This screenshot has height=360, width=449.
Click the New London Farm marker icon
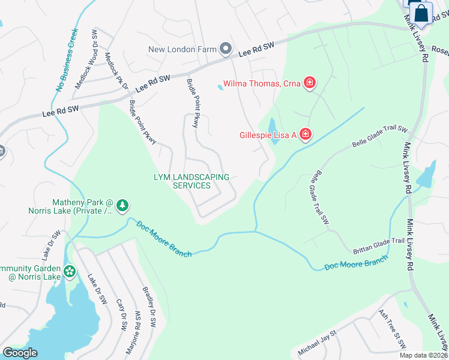coord(226,48)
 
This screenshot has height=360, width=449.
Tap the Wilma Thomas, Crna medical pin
coord(310,83)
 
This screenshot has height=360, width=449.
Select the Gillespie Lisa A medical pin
coord(305,134)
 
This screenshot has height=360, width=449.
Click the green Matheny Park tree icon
coord(122,206)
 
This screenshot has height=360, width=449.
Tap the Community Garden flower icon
coord(70,272)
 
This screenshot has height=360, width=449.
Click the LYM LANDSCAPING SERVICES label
coord(191,181)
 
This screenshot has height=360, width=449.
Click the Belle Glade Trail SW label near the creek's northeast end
coord(380,137)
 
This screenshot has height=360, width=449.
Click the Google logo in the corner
coord(20,353)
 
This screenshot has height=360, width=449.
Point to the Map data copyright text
coord(423,355)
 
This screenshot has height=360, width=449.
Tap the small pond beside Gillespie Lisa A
coord(273,127)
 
